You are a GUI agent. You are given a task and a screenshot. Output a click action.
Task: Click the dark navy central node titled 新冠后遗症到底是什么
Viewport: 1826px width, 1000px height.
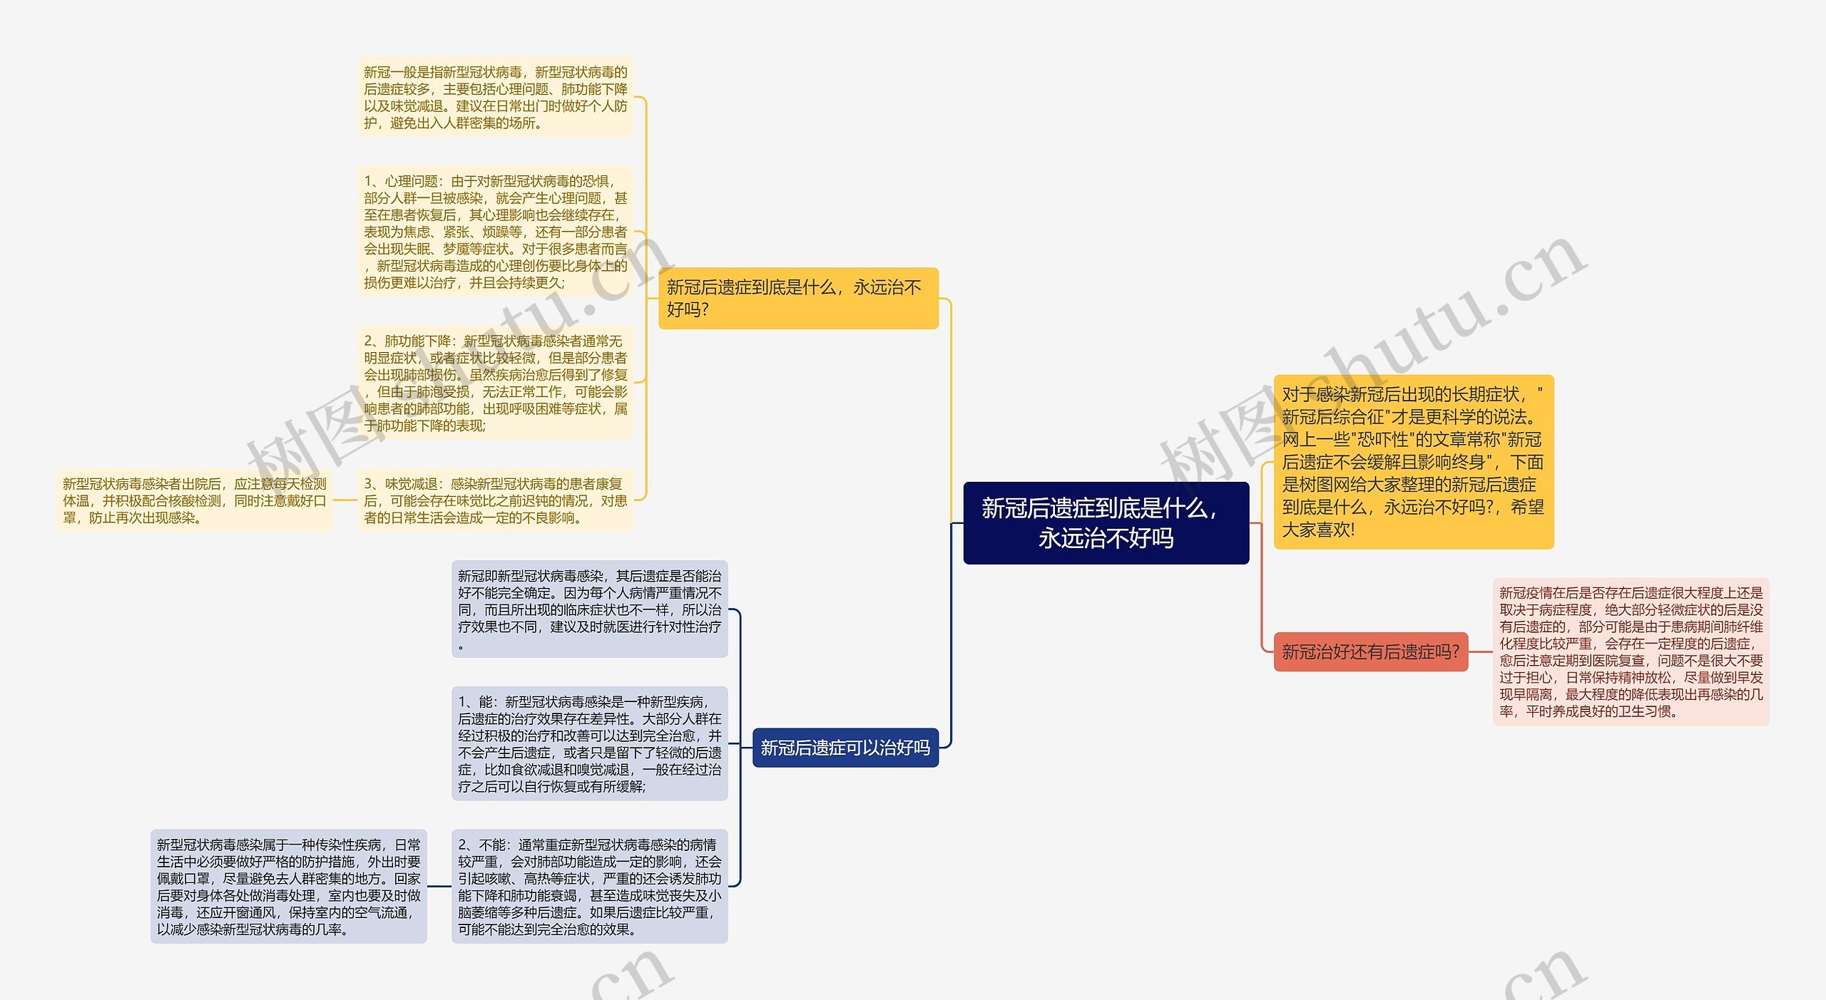pos(1106,522)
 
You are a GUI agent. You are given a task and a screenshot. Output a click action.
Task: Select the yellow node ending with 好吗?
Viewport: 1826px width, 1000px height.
pos(797,298)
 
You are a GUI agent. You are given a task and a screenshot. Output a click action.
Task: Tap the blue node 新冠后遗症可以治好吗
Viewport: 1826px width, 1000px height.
pos(845,748)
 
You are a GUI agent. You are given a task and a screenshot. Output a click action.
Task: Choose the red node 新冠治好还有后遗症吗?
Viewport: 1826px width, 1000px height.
pos(1370,651)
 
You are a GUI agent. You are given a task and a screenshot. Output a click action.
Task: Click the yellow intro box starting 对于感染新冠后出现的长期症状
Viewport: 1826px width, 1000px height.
pos(1413,461)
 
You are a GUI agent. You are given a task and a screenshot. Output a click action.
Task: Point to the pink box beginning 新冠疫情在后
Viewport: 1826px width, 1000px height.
pos(1631,651)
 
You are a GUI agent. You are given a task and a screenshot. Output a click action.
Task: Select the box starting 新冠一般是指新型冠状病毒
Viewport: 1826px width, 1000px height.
pos(495,97)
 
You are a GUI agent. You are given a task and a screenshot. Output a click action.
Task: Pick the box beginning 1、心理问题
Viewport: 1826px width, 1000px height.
pos(495,232)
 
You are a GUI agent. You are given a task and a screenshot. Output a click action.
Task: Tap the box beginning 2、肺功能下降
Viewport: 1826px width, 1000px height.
pos(495,383)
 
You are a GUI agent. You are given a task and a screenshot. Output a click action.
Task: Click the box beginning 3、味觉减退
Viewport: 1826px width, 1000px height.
pos(495,500)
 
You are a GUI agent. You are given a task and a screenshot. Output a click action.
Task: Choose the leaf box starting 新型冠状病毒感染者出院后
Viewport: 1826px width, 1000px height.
pos(194,500)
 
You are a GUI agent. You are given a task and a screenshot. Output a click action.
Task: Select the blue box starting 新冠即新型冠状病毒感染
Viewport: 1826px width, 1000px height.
pos(589,609)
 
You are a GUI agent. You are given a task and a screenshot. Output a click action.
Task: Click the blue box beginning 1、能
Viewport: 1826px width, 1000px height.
pos(589,743)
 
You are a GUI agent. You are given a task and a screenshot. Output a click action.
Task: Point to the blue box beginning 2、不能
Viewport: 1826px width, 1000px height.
pos(589,886)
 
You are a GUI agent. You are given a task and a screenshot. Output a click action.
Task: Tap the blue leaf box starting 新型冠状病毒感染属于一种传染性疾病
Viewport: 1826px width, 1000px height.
pos(288,886)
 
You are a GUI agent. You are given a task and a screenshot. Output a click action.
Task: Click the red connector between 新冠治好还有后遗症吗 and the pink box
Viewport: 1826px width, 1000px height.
pos(1480,651)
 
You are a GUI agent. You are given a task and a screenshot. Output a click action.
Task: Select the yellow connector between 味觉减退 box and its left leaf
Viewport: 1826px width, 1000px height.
pos(345,500)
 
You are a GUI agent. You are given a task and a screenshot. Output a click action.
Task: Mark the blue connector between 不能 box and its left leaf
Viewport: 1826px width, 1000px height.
pos(439,887)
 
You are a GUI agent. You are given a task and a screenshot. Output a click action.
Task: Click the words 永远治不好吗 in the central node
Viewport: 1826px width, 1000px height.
pos(1106,538)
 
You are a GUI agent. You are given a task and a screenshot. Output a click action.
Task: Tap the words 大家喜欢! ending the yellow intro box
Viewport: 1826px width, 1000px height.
pos(1318,530)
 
